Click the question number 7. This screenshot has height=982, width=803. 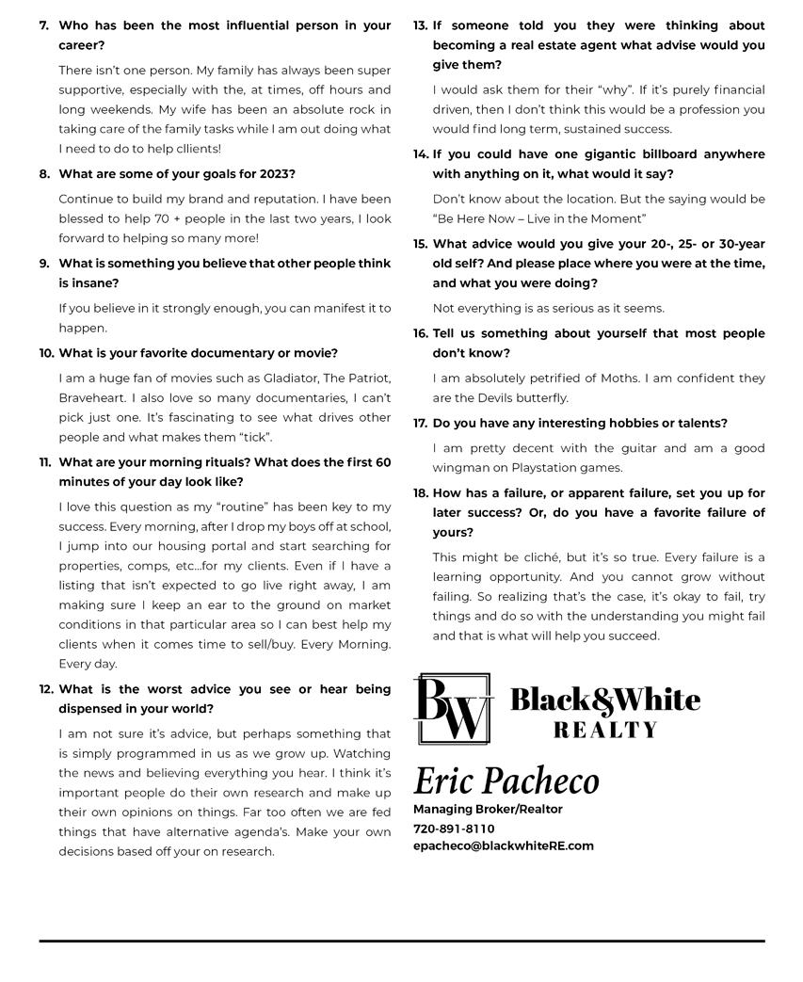tap(44, 25)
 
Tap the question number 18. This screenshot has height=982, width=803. tap(421, 492)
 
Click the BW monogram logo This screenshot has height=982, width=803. tap(453, 709)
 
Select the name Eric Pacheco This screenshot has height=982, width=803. tap(506, 781)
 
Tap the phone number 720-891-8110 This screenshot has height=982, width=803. tap(454, 829)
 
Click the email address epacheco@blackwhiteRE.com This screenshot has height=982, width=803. tap(504, 845)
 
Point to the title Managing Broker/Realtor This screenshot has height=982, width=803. tap(488, 809)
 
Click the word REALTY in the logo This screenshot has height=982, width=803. tap(605, 730)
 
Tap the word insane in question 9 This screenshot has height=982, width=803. tap(97, 282)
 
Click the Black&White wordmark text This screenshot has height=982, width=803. tap(605, 700)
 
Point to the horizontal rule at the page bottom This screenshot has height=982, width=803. tap(401, 941)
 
